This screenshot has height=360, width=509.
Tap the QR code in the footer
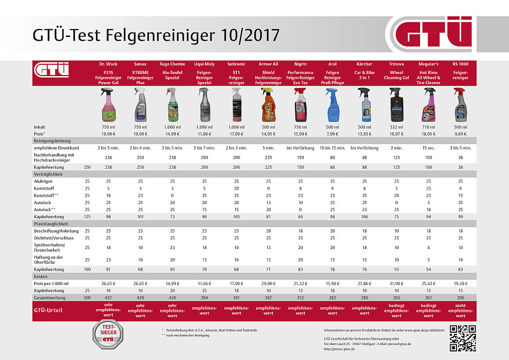(462, 338)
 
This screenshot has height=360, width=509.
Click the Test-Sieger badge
(109, 336)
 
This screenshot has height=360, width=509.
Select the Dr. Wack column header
(108, 64)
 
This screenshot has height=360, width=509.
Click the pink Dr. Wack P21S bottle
(108, 106)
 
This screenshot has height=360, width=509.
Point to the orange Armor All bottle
(268, 106)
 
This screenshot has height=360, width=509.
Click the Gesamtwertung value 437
(108, 296)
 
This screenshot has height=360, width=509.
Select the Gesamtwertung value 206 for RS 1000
(461, 296)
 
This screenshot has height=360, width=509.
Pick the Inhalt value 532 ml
(396, 127)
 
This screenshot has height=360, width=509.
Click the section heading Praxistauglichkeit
(51, 223)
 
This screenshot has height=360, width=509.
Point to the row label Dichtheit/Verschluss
(54, 237)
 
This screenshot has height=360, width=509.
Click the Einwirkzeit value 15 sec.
(428, 147)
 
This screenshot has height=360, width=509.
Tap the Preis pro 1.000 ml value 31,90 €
(396, 282)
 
